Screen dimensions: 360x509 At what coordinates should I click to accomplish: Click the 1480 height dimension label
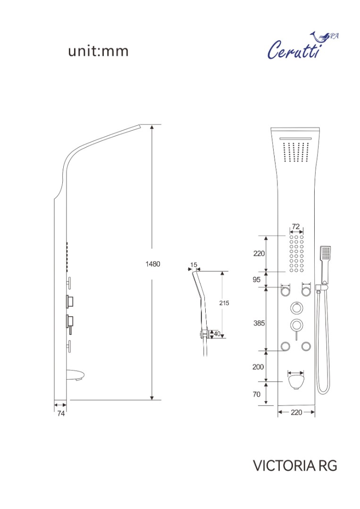152,264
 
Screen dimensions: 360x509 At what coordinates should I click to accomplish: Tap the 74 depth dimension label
61,414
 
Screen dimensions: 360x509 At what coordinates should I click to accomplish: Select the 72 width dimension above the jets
296,226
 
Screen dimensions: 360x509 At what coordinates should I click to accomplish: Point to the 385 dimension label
259,323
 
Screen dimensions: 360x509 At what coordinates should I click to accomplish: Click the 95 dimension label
257,279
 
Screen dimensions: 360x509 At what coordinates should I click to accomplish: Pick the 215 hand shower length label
224,303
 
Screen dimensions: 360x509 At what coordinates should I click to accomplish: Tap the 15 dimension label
194,265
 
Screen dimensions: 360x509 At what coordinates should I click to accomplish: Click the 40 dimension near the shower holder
217,334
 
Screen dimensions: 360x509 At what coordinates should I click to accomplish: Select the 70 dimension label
257,394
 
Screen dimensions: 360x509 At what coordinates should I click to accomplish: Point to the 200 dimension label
258,367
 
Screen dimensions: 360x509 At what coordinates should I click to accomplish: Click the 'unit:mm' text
98,51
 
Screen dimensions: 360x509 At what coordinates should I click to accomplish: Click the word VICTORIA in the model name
284,466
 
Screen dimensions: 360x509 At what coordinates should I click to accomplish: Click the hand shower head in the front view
325,253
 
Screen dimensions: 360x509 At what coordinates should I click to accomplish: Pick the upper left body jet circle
285,291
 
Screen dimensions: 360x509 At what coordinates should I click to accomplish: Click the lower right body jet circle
306,346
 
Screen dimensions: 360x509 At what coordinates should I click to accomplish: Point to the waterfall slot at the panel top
295,139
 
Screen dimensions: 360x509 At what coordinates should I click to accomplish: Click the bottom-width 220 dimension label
296,412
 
